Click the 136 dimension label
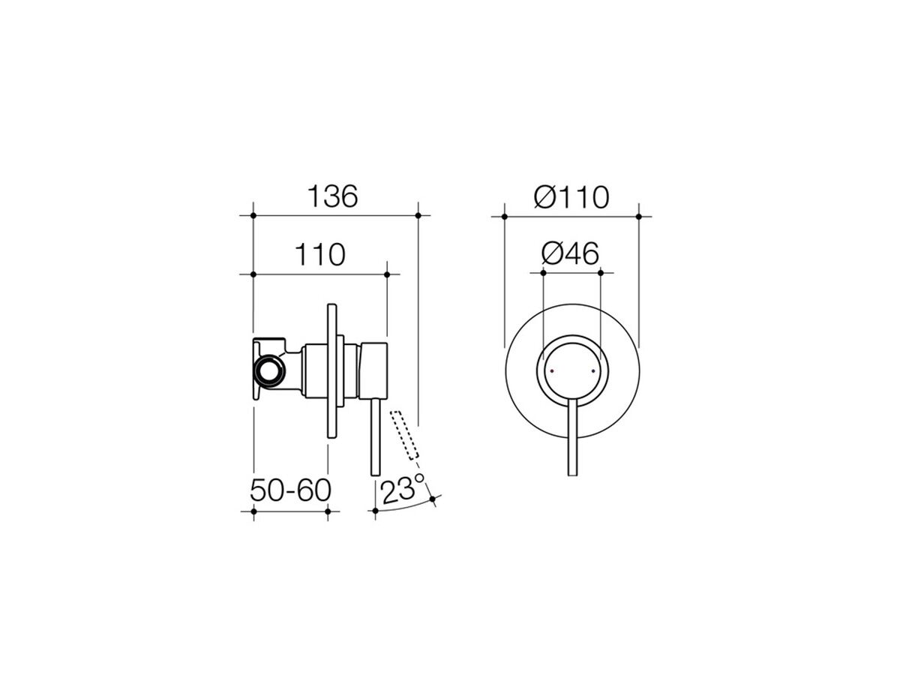point(334,196)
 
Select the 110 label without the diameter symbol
point(319,255)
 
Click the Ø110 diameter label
point(571,197)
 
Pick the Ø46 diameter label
point(570,255)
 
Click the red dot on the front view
point(553,371)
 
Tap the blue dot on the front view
point(592,371)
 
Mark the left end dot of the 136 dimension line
point(253,216)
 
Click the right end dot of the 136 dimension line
point(417,216)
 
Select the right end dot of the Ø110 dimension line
point(639,216)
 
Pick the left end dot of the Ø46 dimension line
point(542,274)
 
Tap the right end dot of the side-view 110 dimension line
point(386,274)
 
